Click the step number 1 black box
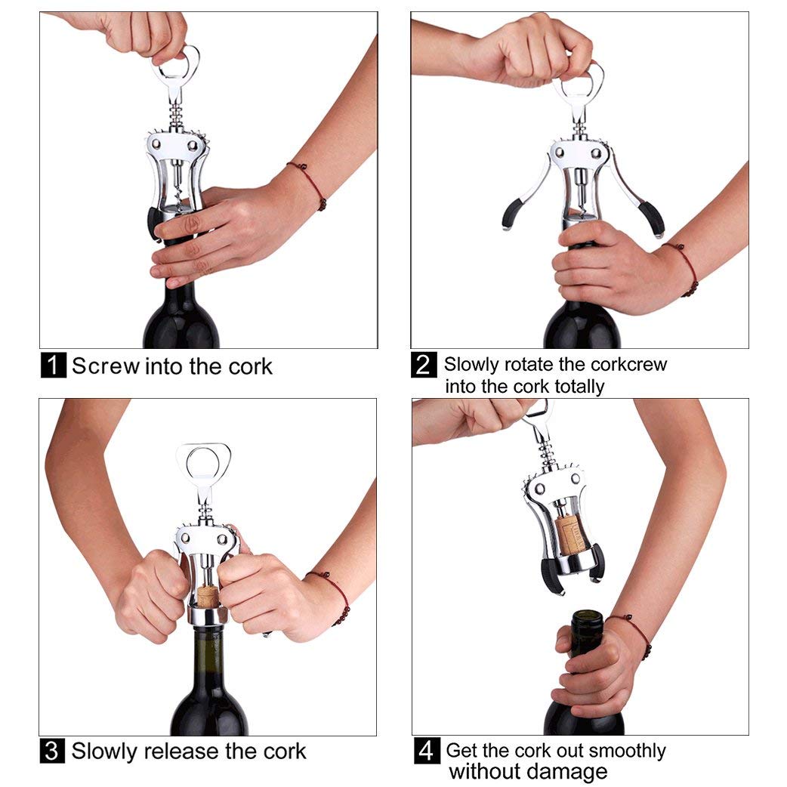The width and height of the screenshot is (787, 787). (x=53, y=366)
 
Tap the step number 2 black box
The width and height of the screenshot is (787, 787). (x=424, y=365)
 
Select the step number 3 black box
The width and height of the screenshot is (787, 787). (x=51, y=752)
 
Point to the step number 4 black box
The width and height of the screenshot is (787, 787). (x=427, y=752)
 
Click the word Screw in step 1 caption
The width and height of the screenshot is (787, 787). (x=106, y=366)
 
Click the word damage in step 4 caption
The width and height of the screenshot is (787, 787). (x=571, y=772)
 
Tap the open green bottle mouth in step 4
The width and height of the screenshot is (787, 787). (x=586, y=618)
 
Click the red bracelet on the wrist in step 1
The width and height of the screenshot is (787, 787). (x=310, y=184)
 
